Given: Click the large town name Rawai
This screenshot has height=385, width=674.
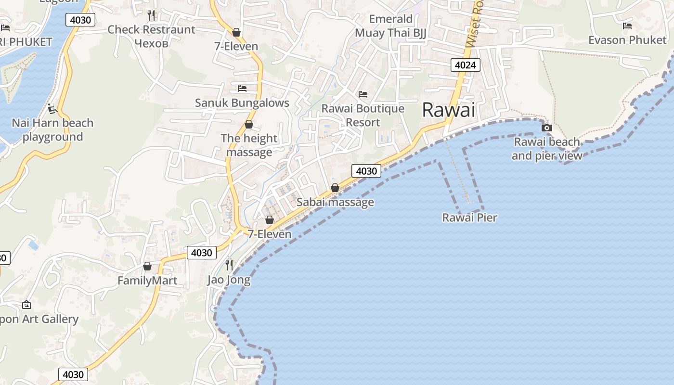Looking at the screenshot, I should click(448, 110).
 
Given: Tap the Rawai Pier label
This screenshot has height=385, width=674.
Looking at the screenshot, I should click(469, 218).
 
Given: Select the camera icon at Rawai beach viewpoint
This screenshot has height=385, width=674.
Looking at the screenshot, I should click(546, 128).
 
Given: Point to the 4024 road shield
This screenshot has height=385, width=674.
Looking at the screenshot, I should click(466, 64).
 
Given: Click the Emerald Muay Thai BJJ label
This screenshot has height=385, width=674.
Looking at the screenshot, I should click(390, 26).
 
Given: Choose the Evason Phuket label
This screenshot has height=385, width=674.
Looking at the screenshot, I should click(627, 40).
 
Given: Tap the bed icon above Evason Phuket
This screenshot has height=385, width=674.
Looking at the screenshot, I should click(627, 26).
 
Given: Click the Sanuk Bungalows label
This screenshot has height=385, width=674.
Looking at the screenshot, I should click(242, 103).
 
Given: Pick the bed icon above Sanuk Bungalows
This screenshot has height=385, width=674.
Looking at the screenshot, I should click(242, 89).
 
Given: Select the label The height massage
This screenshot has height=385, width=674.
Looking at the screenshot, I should click(249, 145).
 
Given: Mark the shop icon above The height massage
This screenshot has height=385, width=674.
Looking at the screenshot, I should click(249, 124).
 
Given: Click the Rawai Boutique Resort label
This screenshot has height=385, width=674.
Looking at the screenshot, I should click(363, 115).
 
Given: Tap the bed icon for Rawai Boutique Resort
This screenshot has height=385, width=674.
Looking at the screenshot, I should click(363, 94).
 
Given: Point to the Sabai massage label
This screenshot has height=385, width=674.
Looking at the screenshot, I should click(335, 202).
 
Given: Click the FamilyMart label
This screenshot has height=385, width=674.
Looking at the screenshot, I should click(147, 281).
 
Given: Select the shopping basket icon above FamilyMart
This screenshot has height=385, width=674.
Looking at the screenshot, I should click(147, 266).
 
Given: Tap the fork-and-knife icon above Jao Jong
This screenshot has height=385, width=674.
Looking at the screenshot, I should click(229, 265).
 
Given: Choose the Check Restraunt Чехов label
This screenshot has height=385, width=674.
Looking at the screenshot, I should click(151, 36).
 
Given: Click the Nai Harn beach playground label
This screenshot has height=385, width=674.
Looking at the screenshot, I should click(52, 130).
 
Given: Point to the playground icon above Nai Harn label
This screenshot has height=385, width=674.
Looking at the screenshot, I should click(52, 109).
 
